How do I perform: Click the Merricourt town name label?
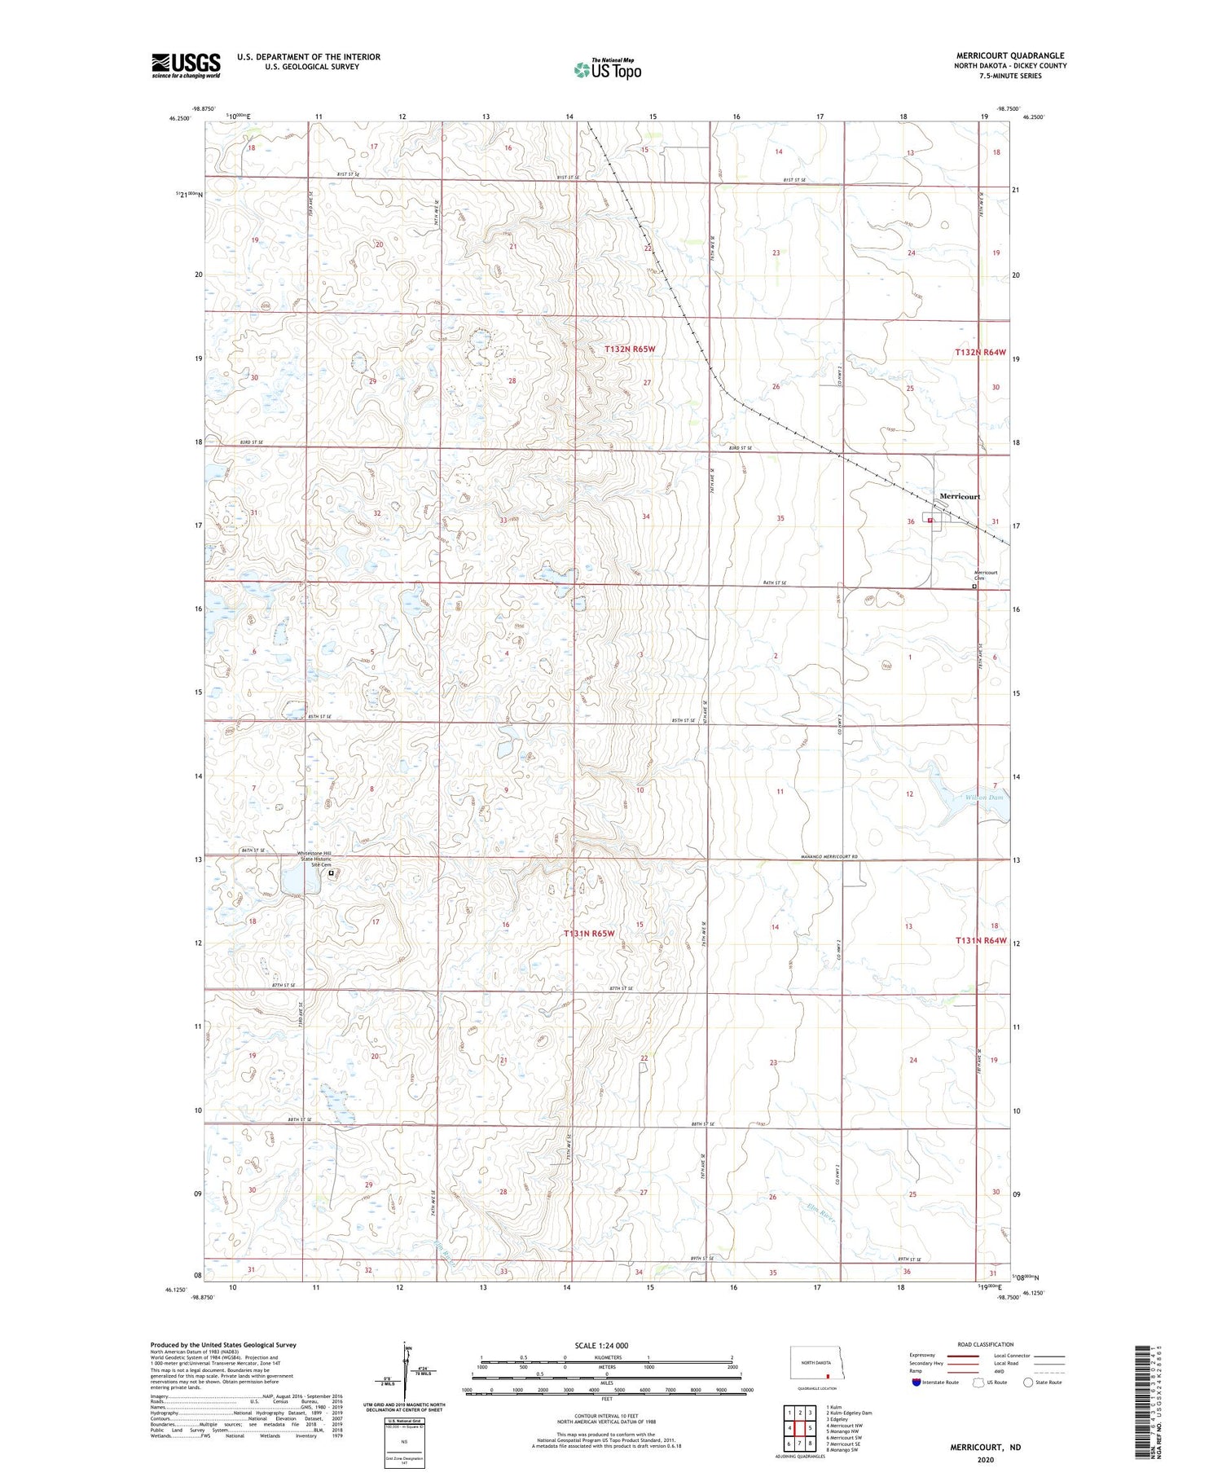point(959,496)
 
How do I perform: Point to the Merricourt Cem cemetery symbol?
point(974,586)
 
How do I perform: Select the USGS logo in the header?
point(186,65)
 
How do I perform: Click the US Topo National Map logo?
point(607,70)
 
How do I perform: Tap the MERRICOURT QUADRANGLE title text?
point(1010,55)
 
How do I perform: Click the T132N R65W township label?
point(629,349)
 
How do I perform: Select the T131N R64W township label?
point(981,941)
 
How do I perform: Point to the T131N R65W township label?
point(588,934)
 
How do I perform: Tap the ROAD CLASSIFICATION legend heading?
point(985,1344)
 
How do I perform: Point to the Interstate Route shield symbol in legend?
point(917,1382)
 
